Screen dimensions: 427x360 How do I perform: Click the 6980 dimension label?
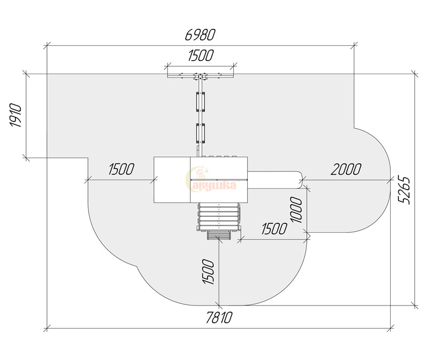(200, 35)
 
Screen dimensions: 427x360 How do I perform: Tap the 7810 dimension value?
(219, 317)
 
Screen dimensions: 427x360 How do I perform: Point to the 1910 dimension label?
(16, 115)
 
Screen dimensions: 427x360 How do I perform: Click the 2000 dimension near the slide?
(346, 169)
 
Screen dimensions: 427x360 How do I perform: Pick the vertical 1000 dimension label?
(296, 209)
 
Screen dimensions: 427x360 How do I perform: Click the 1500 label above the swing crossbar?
(201, 56)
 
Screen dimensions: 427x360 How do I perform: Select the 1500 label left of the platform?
(122, 169)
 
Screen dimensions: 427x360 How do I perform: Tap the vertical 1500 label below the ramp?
(208, 271)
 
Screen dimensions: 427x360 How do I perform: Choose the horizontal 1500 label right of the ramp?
(274, 229)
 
